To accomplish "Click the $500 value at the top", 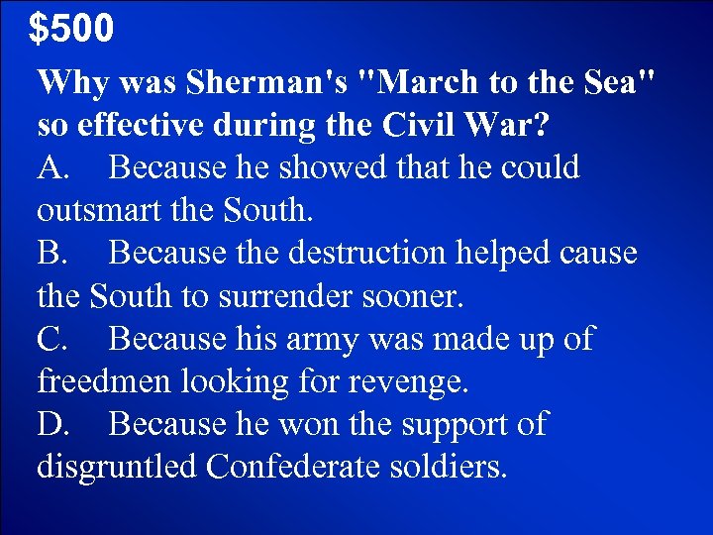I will [70, 29].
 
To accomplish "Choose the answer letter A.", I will [52, 168].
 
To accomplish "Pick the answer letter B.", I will [51, 254].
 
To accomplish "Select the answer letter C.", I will [51, 339].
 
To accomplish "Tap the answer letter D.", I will [52, 424].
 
